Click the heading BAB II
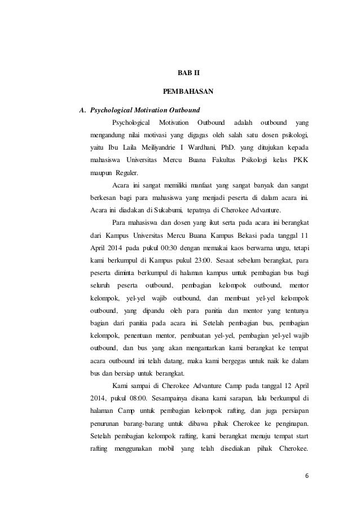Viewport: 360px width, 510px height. [181, 73]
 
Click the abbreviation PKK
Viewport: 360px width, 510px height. [298, 159]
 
